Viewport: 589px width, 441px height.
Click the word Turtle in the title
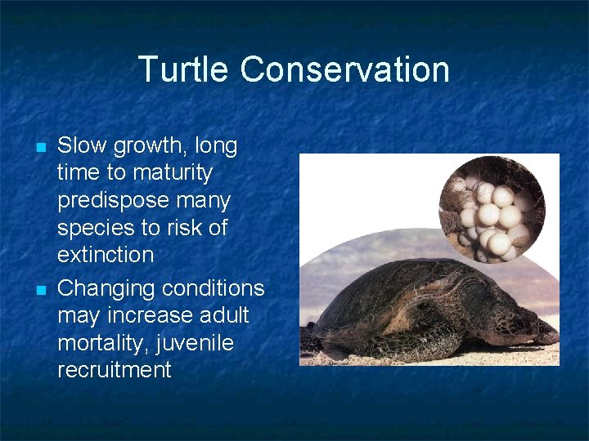184,69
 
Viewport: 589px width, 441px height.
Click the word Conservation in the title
344,69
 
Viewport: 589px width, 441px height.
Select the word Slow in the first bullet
82,146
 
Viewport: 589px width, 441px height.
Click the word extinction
106,255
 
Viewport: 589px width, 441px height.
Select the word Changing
106,289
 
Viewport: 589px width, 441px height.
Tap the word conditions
214,288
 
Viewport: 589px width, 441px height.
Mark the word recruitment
115,370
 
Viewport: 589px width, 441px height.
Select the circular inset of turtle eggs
492,208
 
